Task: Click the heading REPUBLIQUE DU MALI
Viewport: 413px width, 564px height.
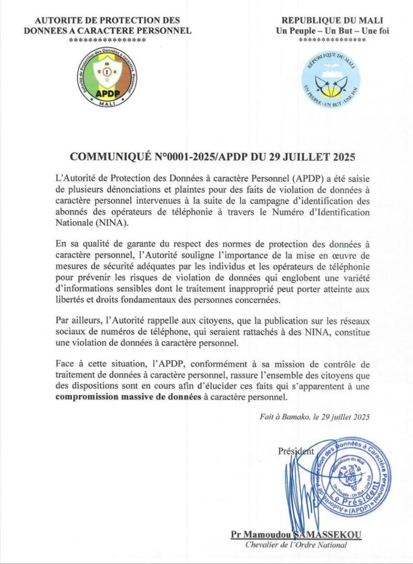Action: coord(332,20)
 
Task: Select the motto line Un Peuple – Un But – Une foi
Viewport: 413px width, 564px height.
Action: coord(332,30)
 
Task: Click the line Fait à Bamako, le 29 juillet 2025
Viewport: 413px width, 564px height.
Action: coord(314,417)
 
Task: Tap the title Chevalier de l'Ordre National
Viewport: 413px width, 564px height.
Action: coord(296,545)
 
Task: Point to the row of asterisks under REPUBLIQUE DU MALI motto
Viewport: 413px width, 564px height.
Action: coord(332,40)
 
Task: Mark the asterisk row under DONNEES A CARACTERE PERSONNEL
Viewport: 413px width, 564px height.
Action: coord(107,40)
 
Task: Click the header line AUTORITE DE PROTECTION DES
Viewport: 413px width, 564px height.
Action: coord(107,20)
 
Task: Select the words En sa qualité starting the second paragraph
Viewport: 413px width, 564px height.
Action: coord(79,243)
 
